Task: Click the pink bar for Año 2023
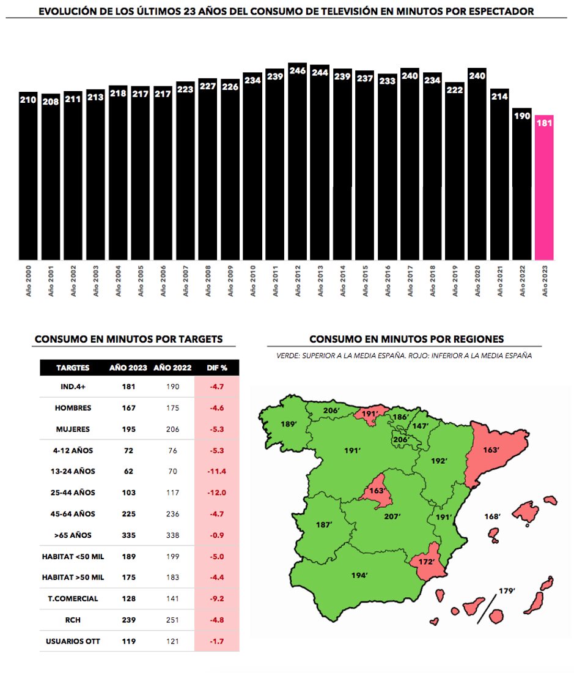pos(544,190)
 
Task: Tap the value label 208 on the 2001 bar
pos(51,101)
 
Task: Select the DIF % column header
pos(216,368)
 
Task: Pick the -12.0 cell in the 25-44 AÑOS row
pos(216,493)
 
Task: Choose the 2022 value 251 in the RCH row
pos(172,620)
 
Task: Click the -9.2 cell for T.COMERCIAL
pos(216,598)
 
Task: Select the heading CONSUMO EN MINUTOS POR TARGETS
pos(128,339)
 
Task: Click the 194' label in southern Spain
pos(360,575)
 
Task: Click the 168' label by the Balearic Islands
pos(492,517)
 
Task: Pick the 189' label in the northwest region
pos(288,423)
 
